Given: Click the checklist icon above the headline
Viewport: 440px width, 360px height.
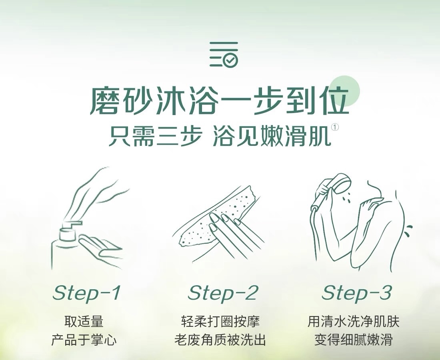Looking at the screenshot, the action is (224, 54).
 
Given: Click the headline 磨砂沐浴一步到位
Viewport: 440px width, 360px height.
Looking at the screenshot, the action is (220, 101).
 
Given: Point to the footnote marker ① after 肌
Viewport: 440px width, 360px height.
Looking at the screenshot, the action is (335, 127).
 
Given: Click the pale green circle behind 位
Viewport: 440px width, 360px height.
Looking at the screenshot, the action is (344, 91).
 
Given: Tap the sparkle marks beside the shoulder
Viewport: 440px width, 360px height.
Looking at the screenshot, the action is (409, 231).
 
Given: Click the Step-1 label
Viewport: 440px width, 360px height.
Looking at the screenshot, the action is (87, 293).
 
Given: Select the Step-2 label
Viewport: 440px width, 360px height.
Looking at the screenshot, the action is (222, 293).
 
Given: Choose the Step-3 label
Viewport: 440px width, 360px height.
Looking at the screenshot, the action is (356, 293).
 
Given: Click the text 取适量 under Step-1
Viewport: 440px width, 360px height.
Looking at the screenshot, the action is (84, 321).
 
